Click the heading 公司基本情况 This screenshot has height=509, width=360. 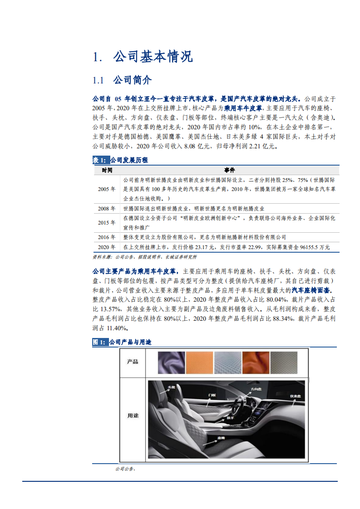[x=153, y=57]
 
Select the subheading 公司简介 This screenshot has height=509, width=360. [x=133, y=81]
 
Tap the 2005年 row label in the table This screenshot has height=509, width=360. [x=107, y=189]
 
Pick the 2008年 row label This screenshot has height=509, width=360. [x=107, y=209]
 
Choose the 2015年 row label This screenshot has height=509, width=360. [x=107, y=223]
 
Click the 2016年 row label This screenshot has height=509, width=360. [x=107, y=237]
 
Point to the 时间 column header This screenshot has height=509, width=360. [x=107, y=171]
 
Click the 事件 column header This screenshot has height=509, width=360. [x=229, y=171]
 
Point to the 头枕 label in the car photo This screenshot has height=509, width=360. [x=171, y=387]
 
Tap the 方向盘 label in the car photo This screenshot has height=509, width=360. [x=257, y=389]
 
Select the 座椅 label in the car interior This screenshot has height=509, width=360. [x=221, y=438]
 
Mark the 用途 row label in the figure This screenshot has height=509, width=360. [x=133, y=416]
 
